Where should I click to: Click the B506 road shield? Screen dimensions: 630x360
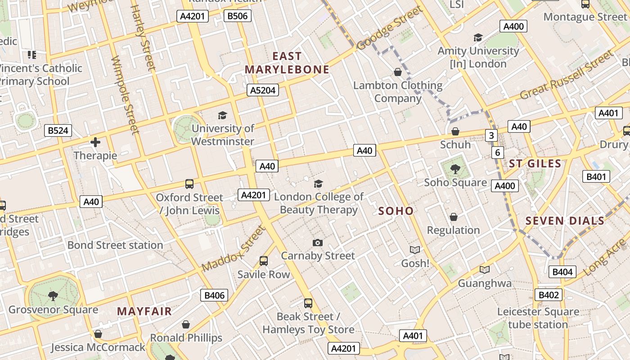[237, 16]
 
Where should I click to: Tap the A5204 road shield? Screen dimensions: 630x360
[263, 90]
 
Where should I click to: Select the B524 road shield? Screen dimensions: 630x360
[58, 131]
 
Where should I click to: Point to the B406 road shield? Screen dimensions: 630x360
[214, 295]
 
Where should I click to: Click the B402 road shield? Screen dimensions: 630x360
[549, 295]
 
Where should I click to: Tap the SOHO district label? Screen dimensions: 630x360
[396, 211]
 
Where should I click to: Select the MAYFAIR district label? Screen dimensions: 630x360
[144, 311]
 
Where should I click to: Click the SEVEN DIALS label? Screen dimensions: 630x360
[565, 221]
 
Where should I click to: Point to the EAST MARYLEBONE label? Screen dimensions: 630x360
[287, 63]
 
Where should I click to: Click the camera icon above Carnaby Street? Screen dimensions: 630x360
[318, 243]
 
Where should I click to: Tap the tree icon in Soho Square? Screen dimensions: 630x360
[455, 169]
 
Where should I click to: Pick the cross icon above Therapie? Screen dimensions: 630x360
[95, 143]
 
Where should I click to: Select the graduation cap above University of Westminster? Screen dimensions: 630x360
[222, 116]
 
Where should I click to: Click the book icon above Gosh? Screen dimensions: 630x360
[414, 250]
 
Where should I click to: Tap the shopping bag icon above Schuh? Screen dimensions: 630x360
[455, 131]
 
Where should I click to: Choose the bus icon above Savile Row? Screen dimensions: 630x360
[264, 261]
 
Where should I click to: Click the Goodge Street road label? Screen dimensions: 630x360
[390, 28]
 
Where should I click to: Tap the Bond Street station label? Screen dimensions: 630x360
[115, 245]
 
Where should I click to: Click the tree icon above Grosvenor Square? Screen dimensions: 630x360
[53, 296]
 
